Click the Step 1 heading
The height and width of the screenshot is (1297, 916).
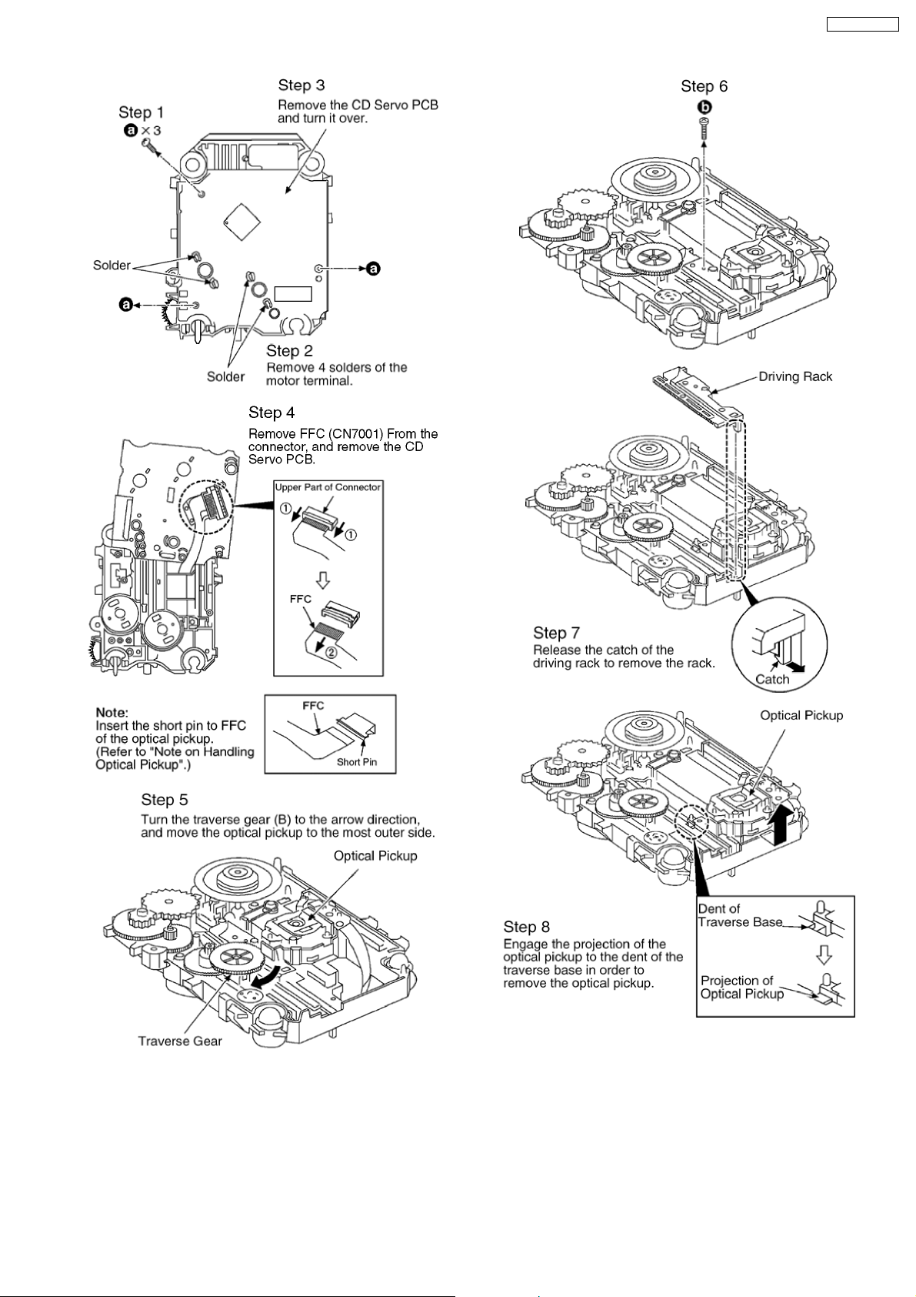141,112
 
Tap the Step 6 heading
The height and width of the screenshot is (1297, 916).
704,86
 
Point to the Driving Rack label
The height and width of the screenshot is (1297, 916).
795,376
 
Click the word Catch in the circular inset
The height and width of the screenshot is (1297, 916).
772,679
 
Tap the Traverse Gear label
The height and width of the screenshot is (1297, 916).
180,1041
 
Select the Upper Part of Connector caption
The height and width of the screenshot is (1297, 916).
328,487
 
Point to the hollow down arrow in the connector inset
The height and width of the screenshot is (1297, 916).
324,577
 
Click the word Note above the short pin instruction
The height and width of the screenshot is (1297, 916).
112,712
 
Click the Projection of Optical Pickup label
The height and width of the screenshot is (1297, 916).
742,987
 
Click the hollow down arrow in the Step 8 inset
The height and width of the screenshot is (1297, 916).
823,955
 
